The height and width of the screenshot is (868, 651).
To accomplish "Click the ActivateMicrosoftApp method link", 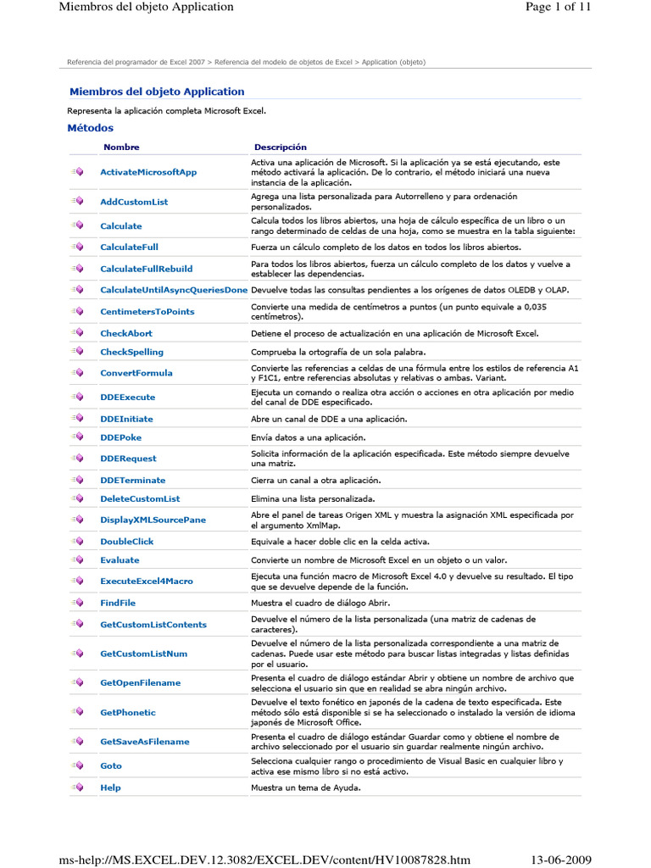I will tap(148, 172).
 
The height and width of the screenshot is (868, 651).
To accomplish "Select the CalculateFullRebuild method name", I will tap(146, 269).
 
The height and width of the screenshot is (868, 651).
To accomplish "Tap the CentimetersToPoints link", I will tap(147, 312).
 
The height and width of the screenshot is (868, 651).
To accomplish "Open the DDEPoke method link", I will tap(121, 438).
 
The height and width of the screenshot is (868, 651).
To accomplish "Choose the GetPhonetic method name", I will tap(128, 713).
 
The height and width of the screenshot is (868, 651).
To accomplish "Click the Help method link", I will tap(110, 788).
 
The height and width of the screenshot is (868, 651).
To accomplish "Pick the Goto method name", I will tap(111, 766).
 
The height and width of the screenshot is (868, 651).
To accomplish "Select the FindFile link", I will tap(118, 604).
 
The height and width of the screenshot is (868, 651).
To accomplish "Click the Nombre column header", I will tap(121, 147).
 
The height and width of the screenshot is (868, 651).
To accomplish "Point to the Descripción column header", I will tap(281, 147).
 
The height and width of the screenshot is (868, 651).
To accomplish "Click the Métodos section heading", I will tap(90, 128).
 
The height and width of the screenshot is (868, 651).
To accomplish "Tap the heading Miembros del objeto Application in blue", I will tap(156, 92).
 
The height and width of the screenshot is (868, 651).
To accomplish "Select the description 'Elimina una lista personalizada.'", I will tap(313, 499).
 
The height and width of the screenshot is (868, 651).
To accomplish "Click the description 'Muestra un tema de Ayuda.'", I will tap(304, 788).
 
